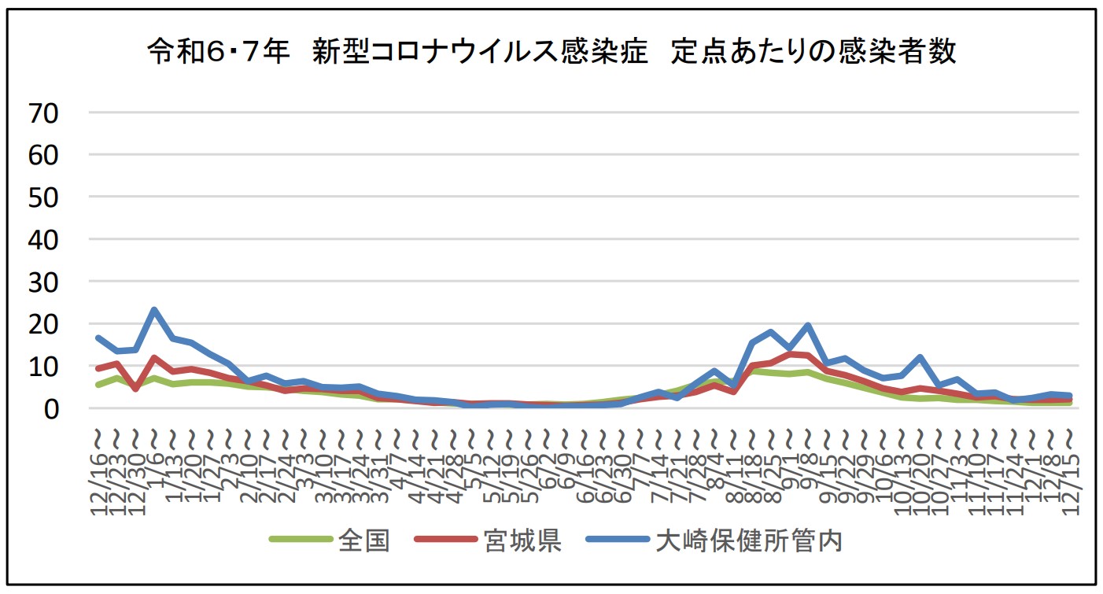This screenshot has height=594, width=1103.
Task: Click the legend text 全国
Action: pyautogui.click(x=364, y=541)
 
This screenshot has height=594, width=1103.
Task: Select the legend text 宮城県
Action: pyautogui.click(x=522, y=541)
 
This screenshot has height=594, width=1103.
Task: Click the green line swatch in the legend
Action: pyautogui.click(x=301, y=541)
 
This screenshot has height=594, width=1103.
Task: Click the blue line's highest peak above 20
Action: pyautogui.click(x=154, y=310)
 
